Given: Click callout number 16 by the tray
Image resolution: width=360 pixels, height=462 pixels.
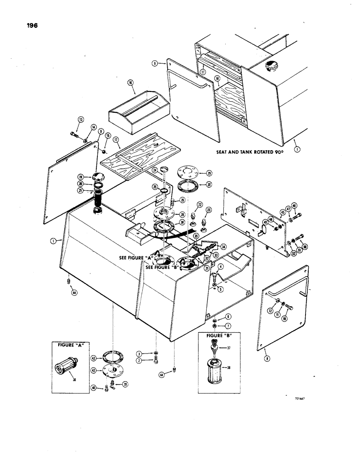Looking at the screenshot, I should [131, 83].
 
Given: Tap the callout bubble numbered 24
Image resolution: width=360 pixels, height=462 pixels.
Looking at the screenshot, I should [156, 170].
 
